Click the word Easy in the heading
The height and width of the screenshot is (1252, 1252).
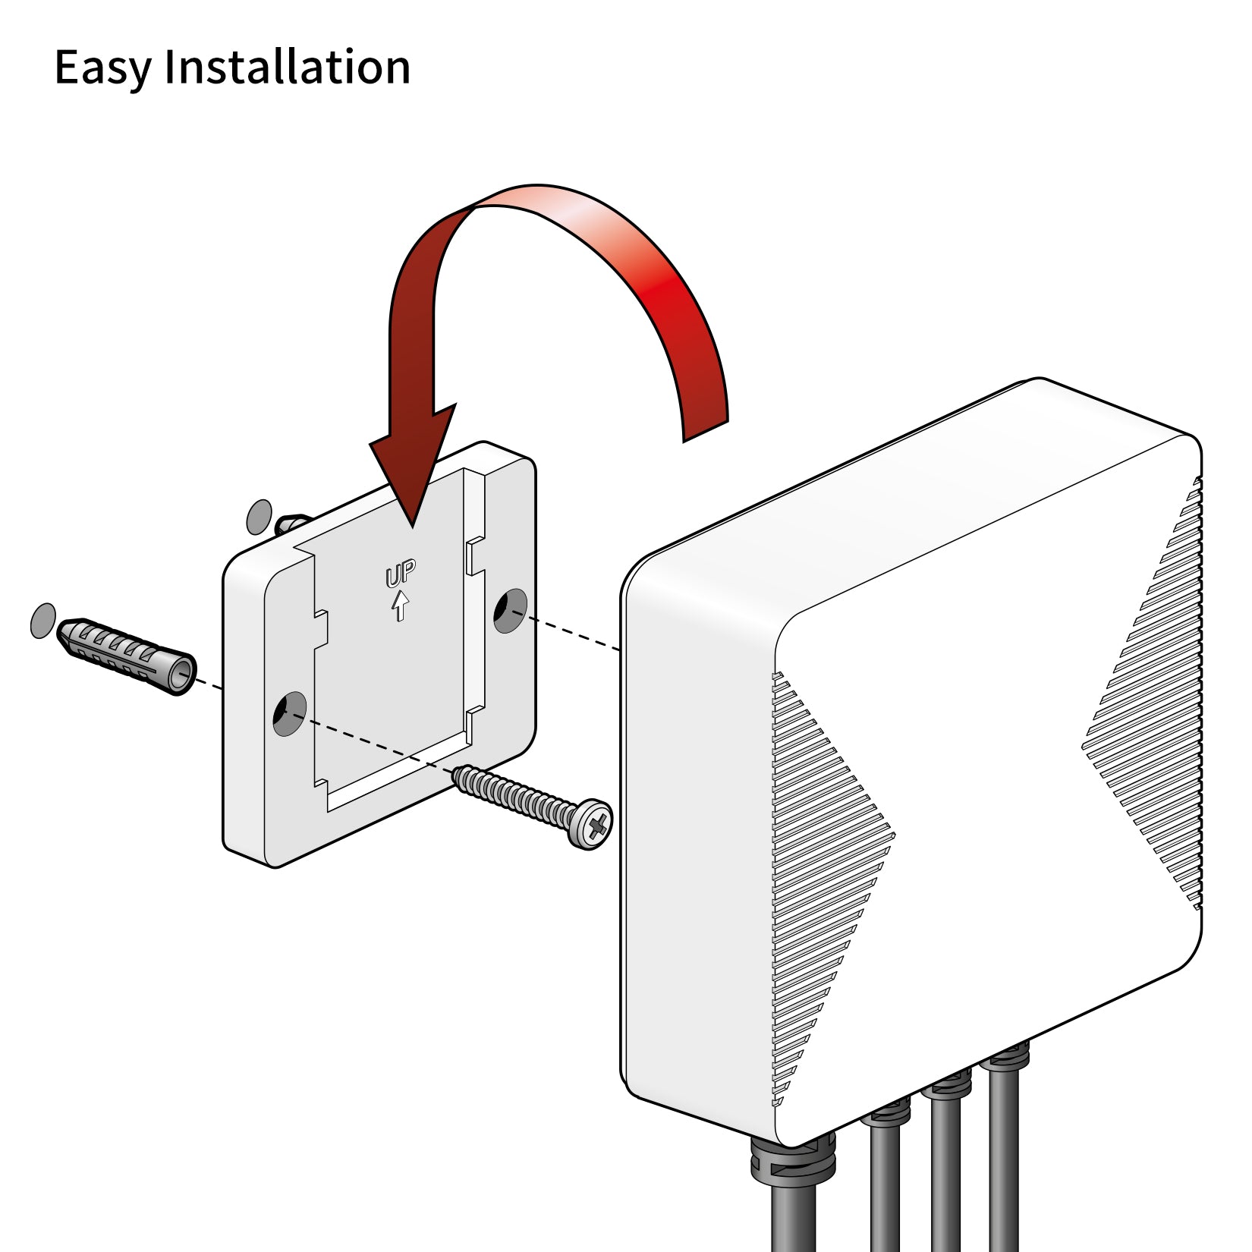102,67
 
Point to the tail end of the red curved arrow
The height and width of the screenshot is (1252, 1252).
706,425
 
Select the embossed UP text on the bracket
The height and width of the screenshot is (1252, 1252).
401,574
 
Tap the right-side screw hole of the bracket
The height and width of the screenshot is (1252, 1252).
510,610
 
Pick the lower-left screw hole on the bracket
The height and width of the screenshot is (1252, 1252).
289,713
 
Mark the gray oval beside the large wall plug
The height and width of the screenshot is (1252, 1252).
43,621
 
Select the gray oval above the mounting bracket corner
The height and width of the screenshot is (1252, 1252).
260,517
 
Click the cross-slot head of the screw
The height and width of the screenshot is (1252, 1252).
590,823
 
